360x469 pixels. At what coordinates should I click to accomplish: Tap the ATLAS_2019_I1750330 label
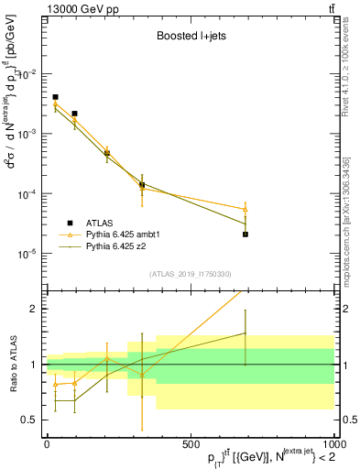pyautogui.click(x=190, y=274)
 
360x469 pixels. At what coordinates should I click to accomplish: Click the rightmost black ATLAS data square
pyautogui.click(x=245, y=234)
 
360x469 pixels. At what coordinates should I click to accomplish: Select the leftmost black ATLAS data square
pyautogui.click(x=55, y=97)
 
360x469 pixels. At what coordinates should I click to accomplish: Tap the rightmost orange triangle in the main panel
pyautogui.click(x=245, y=209)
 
